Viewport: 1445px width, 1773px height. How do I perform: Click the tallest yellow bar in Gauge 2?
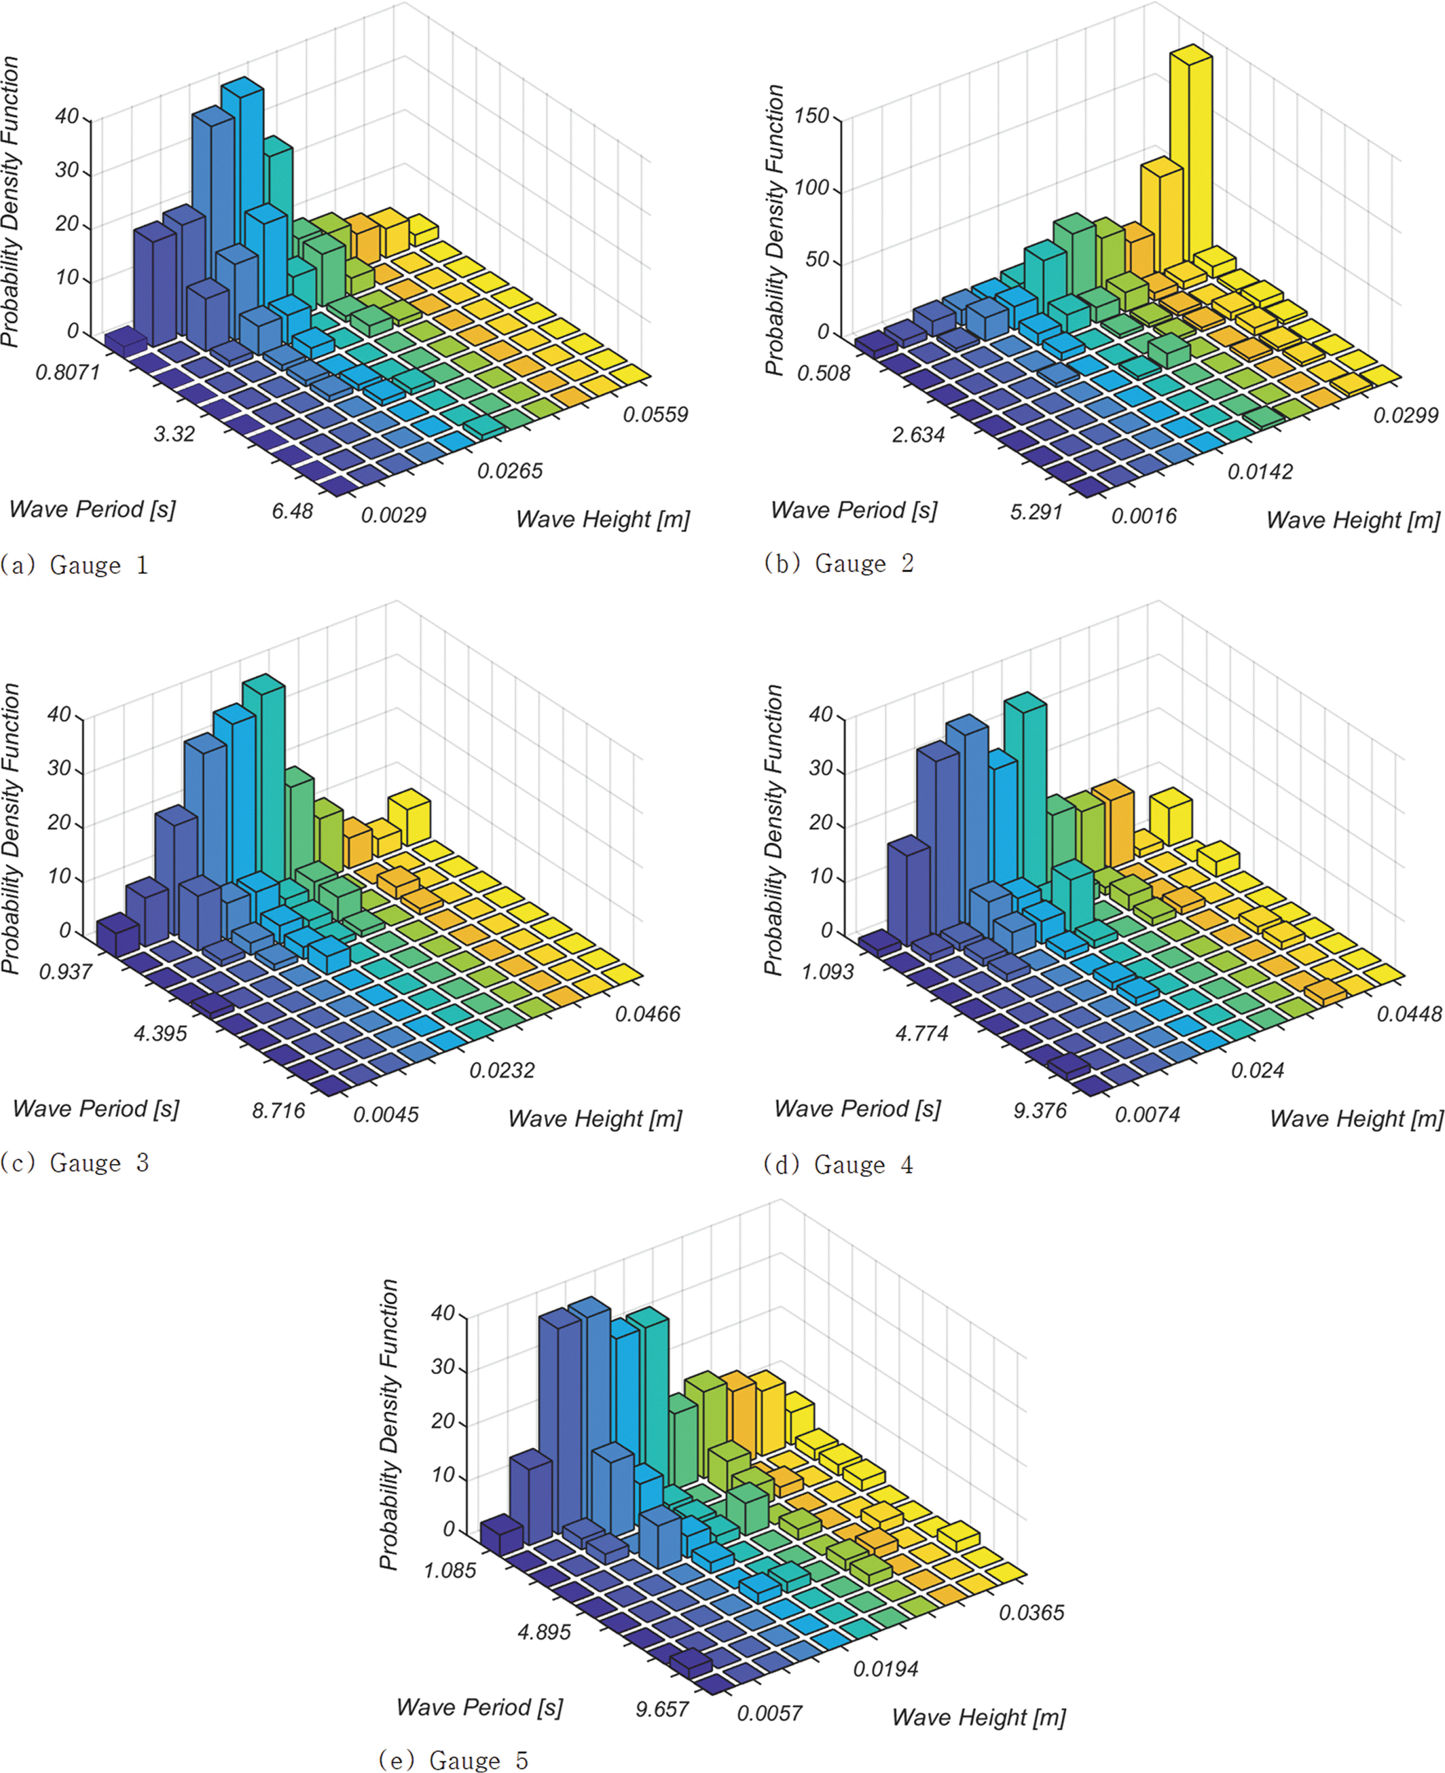pos(1190,158)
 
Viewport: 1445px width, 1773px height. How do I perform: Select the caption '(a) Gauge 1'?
pos(75,565)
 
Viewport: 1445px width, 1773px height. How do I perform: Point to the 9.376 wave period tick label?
pos(1039,1111)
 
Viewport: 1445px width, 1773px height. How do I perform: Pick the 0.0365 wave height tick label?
pos(1031,1613)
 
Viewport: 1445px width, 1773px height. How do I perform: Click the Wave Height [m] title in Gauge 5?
pos(978,1717)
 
